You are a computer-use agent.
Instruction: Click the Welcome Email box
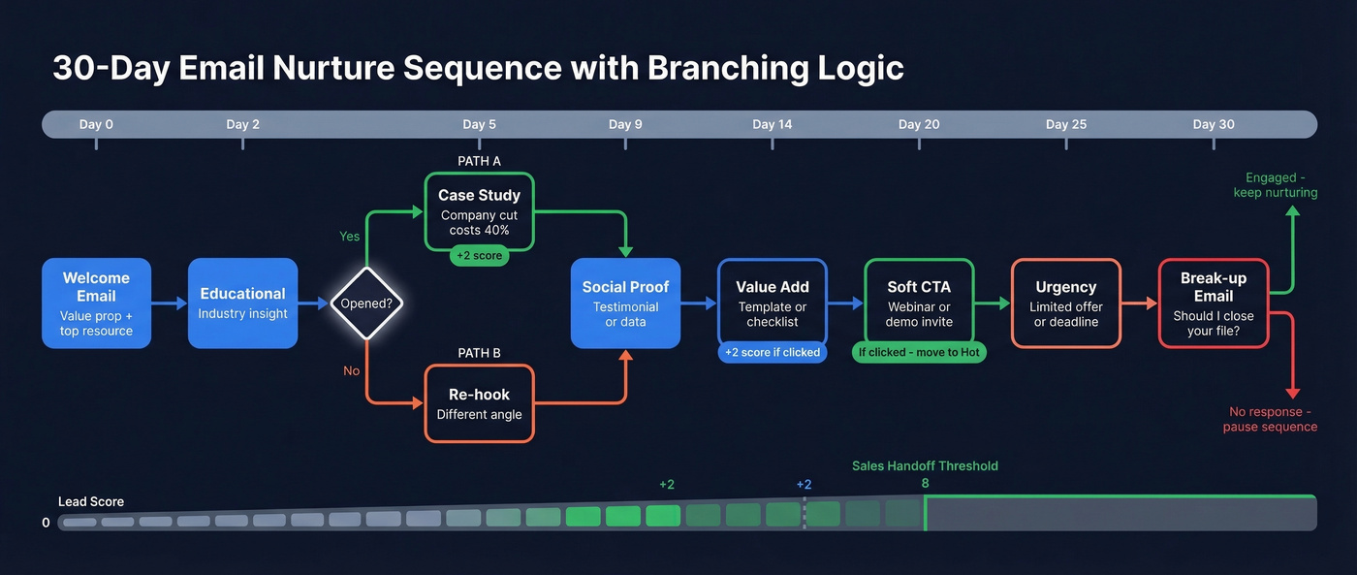[x=96, y=303]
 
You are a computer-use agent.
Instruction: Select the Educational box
[x=242, y=303]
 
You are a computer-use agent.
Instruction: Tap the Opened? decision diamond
[x=366, y=303]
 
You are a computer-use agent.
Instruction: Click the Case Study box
[x=479, y=212]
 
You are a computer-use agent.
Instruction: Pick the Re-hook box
[x=479, y=403]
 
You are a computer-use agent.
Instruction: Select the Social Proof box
[x=625, y=303]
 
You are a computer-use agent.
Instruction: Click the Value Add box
[x=773, y=303]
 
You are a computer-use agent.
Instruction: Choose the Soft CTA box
[x=919, y=303]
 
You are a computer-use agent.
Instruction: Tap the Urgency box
[x=1065, y=303]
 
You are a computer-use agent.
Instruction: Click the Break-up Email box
[x=1213, y=303]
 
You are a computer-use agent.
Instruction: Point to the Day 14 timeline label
[x=772, y=124]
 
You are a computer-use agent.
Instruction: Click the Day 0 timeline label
[x=96, y=124]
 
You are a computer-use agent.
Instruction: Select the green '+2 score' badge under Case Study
[x=479, y=257]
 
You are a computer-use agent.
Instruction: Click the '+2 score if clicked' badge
[x=773, y=352]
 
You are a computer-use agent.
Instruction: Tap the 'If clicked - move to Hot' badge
[x=919, y=352]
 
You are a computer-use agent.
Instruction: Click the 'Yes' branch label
[x=349, y=236]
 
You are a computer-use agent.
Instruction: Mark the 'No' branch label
[x=350, y=370]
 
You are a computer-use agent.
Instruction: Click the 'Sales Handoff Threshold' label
[x=925, y=465]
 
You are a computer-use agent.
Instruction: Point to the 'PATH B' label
[x=479, y=353]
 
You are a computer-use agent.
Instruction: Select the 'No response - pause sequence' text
[x=1270, y=419]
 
